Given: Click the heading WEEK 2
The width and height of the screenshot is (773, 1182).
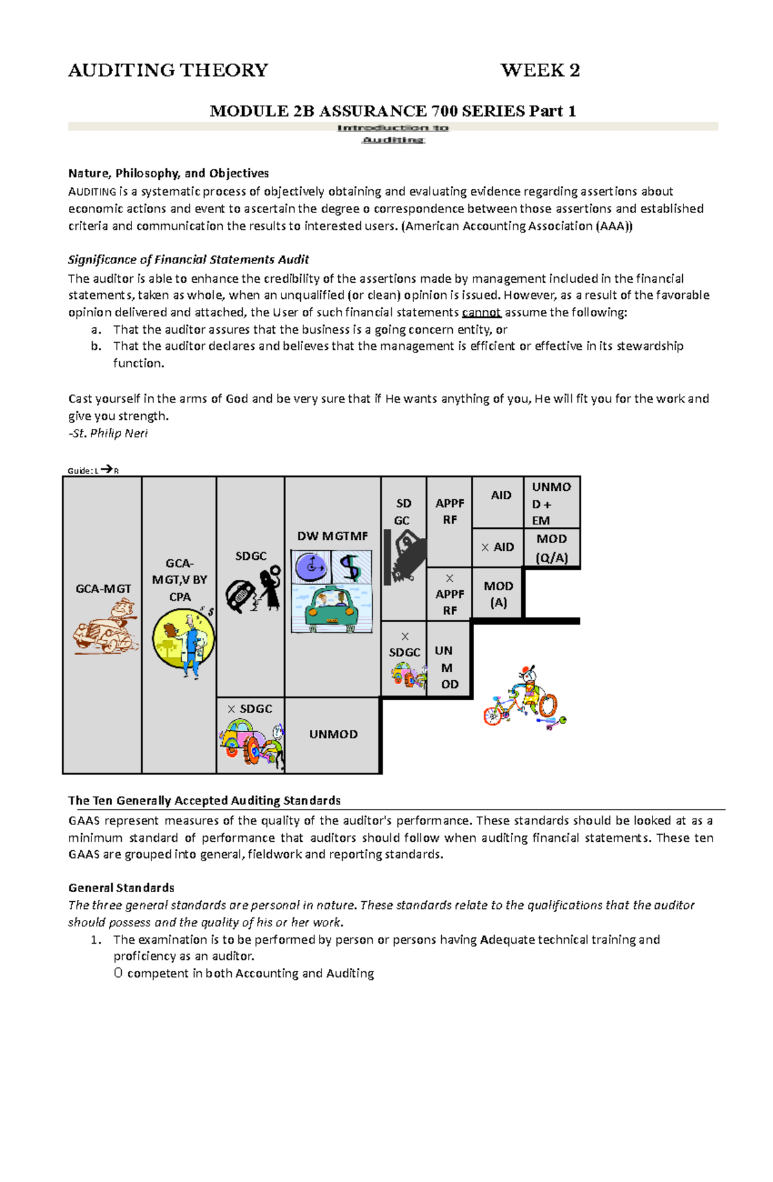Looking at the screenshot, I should pos(540,70).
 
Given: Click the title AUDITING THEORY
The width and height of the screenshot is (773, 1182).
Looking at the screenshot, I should pos(168,70).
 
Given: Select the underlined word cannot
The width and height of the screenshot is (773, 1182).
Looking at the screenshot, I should pos(481,312).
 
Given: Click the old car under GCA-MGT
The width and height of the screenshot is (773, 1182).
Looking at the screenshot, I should pos(105,627).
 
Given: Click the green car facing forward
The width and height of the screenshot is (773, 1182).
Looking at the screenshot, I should pos(331,609).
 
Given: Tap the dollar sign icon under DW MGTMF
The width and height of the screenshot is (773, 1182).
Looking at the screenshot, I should pos(350,567).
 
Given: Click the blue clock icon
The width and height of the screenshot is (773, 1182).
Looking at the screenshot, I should pos(312,567).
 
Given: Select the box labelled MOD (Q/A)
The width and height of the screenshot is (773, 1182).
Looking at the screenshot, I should pos(552,548).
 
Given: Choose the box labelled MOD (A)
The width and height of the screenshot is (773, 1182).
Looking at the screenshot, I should pos(498,594).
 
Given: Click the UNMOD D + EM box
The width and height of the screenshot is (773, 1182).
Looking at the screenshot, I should pos(552,503).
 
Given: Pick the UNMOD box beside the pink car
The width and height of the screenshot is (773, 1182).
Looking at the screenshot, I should pos(333,734).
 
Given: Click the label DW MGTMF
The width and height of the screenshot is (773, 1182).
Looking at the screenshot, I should pos(332,536).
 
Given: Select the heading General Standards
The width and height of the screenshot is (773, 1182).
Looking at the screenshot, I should pos(121,888).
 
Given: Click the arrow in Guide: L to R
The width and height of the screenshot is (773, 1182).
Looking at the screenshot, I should pos(107,470).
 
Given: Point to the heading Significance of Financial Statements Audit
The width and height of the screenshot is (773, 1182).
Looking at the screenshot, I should pos(189,260).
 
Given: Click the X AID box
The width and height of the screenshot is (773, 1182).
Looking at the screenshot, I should pos(497,547).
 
